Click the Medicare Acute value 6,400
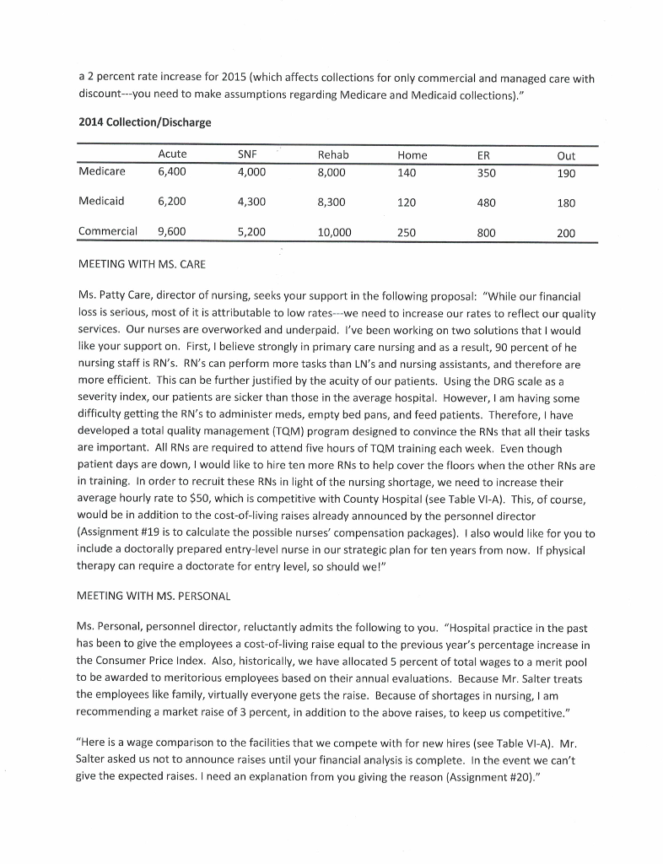point(172,171)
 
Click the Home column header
point(412,155)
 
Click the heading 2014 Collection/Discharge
point(143,122)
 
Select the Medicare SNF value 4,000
point(251,171)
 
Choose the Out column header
point(566,155)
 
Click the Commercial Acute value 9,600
point(172,232)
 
